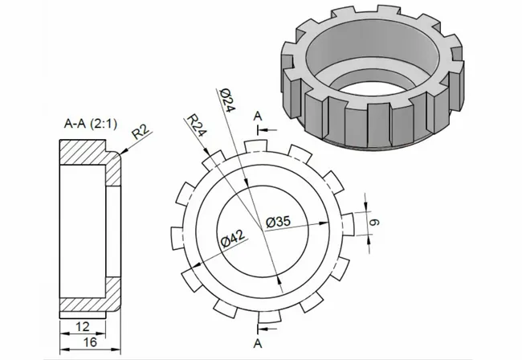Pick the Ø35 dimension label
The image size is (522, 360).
[278, 222]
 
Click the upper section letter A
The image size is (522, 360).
[258, 117]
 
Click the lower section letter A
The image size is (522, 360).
[258, 344]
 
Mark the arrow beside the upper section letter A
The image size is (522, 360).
[270, 129]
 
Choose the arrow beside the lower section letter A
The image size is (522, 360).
[270, 330]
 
